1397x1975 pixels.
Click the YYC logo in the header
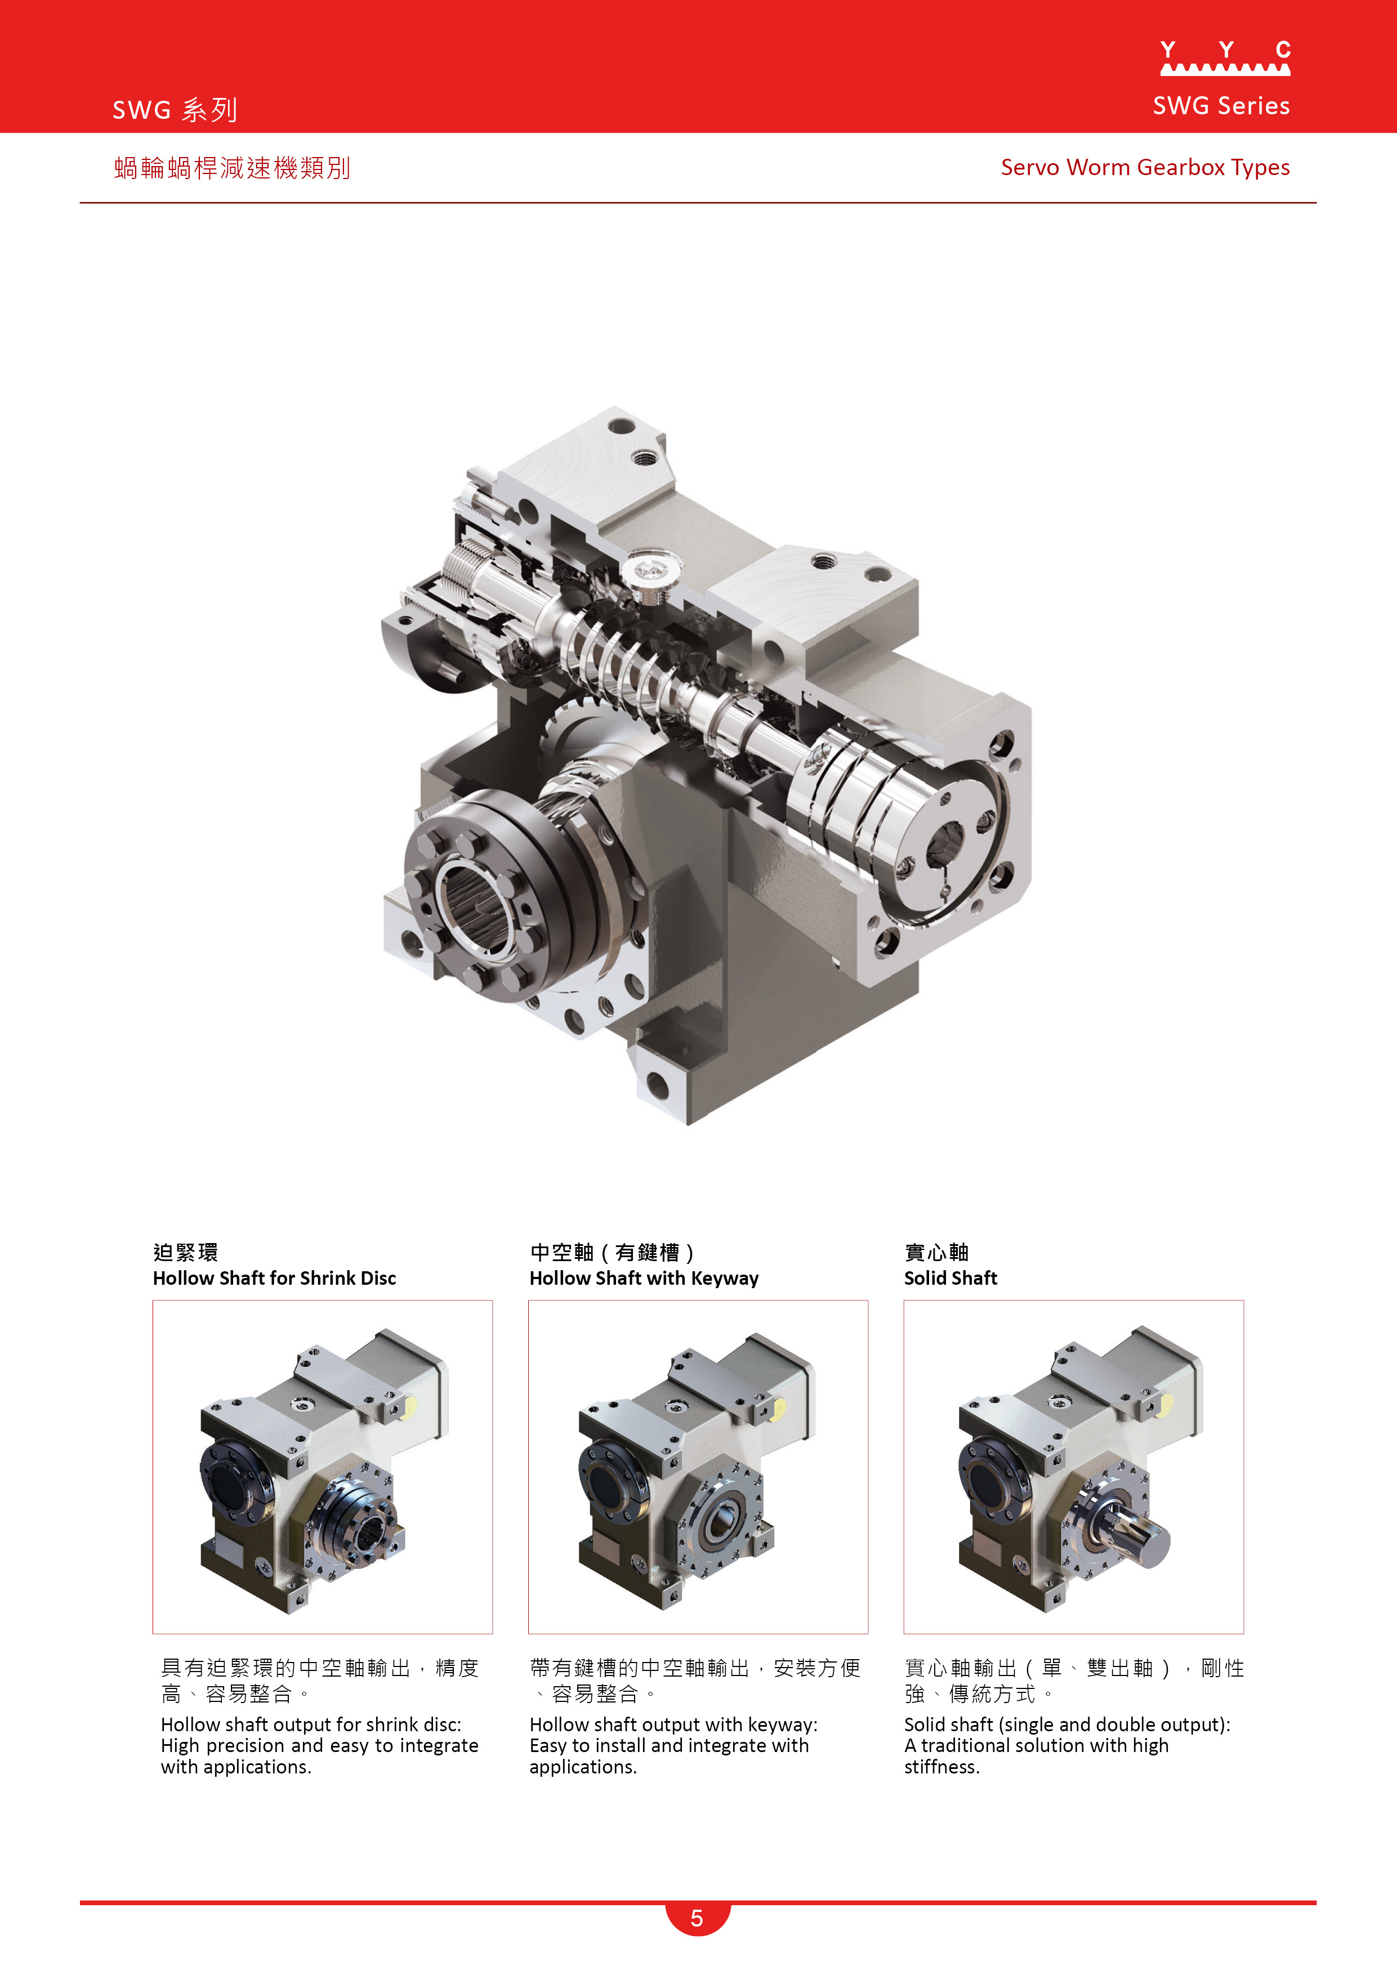[x=1224, y=59]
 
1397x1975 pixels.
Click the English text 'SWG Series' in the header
[x=1221, y=106]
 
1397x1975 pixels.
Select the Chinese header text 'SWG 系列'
[x=175, y=110]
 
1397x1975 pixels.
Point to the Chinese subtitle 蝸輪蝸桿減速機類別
[x=232, y=168]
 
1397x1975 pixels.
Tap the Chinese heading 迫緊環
[x=185, y=1253]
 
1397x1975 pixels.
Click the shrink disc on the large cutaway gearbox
[x=482, y=895]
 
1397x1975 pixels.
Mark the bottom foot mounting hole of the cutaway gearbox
[x=657, y=1085]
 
